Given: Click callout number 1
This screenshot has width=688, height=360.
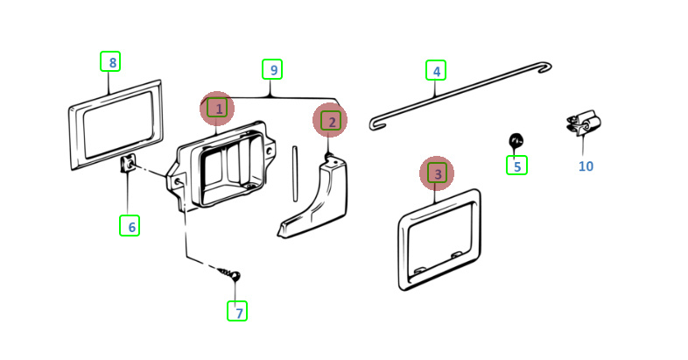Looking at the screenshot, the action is tap(217, 108).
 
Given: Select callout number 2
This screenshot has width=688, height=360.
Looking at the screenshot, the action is tap(330, 121).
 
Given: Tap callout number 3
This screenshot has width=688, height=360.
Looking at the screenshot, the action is tap(437, 173).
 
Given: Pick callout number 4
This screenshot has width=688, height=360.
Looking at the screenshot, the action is tap(436, 71).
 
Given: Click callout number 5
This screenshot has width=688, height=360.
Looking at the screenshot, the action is tap(517, 166).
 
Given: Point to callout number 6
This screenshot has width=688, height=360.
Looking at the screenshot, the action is tap(130, 226).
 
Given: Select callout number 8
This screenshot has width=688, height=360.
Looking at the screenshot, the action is tap(110, 61).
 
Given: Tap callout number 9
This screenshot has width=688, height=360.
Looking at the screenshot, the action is tap(272, 69).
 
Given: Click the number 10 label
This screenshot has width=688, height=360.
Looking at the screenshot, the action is tap(586, 166).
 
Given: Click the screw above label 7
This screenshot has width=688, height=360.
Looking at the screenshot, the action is tap(229, 274).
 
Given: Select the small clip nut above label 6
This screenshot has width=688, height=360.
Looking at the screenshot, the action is tap(127, 165).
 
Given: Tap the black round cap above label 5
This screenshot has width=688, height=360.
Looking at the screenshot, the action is tap(516, 140).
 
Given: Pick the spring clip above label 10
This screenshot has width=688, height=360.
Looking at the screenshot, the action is tap(583, 123).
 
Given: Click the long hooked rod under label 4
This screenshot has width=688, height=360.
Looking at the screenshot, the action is tap(460, 96).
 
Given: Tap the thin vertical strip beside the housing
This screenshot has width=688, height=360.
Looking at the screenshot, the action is tap(295, 174).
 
